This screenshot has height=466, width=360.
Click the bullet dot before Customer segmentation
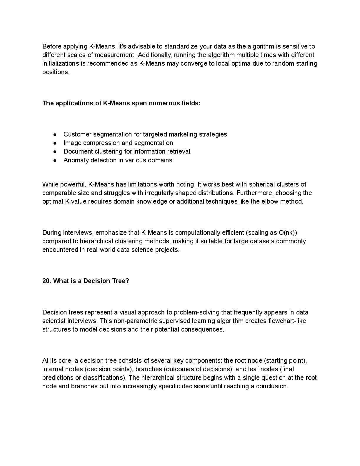click(x=55, y=134)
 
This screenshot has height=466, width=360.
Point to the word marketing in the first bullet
click(x=182, y=134)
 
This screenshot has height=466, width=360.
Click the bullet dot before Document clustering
click(x=55, y=152)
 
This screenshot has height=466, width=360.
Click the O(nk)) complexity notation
click(x=288, y=233)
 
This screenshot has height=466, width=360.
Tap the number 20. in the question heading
click(x=47, y=281)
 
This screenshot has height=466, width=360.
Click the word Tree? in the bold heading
click(x=121, y=281)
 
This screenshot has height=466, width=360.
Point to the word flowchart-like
click(x=287, y=321)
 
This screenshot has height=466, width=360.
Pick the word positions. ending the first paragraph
click(x=56, y=72)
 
